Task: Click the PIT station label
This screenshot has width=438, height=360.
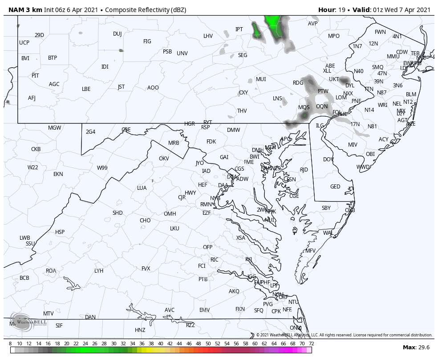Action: (35, 76)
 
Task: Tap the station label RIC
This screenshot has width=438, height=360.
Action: (215, 260)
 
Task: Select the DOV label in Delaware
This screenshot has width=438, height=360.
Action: (328, 160)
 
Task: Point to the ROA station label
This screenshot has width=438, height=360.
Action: (51, 271)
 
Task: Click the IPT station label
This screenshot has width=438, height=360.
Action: (239, 29)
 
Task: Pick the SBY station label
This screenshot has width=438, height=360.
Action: (326, 208)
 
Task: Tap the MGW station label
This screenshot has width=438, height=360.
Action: (55, 128)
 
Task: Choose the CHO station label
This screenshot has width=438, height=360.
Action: (145, 221)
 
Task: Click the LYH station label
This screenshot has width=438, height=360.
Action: (99, 271)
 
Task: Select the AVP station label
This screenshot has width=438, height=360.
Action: (313, 24)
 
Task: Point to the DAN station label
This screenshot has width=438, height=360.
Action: (90, 317)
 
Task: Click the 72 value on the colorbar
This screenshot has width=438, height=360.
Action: (312, 344)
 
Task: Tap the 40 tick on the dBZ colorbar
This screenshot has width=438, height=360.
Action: (160, 344)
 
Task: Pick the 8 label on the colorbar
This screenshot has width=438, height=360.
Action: (10, 344)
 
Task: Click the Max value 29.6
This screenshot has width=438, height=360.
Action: (423, 348)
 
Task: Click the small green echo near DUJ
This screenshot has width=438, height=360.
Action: (121, 50)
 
